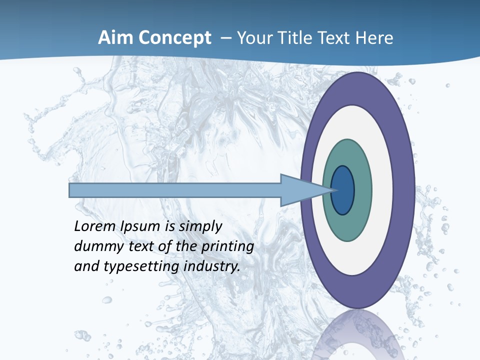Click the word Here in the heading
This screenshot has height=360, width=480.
point(374,38)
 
